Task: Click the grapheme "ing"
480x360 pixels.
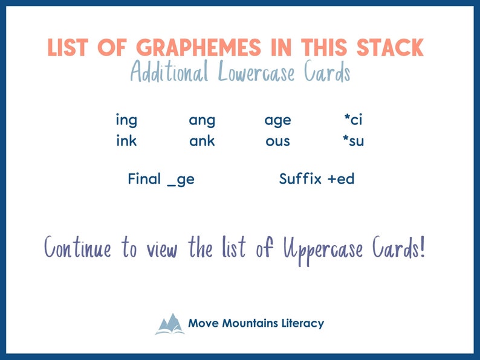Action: (x=126, y=121)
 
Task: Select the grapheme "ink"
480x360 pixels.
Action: (x=126, y=142)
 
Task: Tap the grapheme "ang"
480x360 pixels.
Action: (x=202, y=121)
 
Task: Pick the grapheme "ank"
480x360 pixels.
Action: (x=202, y=142)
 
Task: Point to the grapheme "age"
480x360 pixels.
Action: (x=277, y=121)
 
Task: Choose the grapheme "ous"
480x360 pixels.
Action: (x=277, y=142)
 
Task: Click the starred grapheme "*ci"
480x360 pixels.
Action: (x=352, y=120)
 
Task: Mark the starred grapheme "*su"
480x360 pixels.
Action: (x=353, y=142)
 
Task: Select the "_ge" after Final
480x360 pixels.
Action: (x=180, y=180)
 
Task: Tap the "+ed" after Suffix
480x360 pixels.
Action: (x=340, y=179)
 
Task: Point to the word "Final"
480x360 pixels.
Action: (x=144, y=179)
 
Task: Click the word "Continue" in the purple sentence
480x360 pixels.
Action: (x=78, y=248)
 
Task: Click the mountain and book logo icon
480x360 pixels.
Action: (x=169, y=324)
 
